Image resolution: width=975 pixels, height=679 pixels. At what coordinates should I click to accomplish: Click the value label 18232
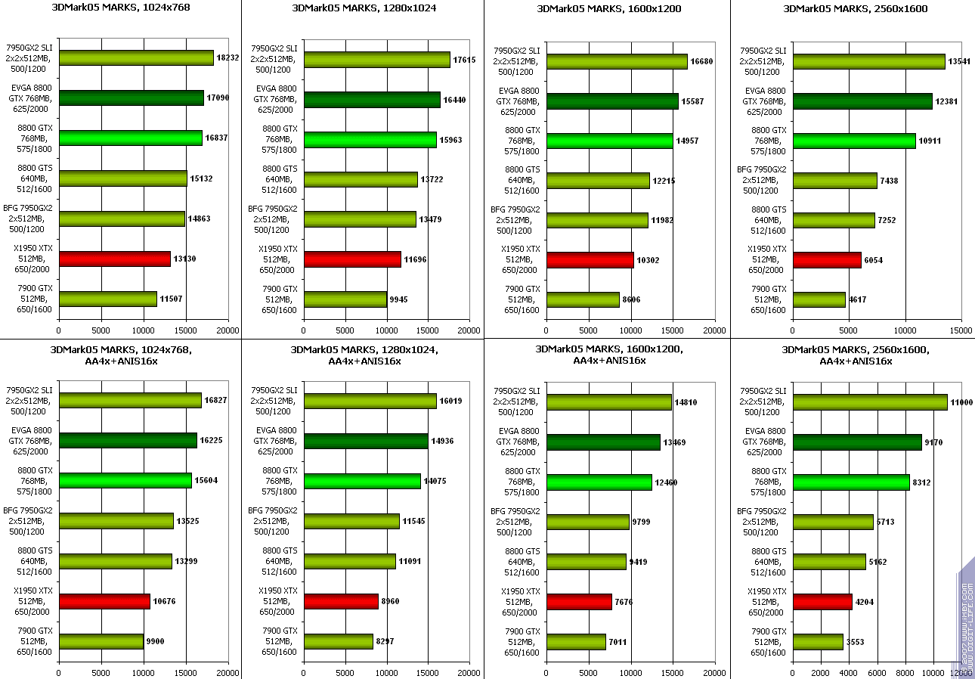tap(228, 57)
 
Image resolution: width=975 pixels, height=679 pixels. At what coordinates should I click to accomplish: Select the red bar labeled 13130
tap(115, 259)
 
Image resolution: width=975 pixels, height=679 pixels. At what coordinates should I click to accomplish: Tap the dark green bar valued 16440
tap(372, 100)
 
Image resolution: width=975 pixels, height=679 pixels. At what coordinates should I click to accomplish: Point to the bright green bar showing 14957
tap(609, 141)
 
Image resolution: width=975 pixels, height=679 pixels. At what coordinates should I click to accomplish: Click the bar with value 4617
tap(819, 299)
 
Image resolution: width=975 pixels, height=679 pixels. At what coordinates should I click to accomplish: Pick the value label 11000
tap(962, 402)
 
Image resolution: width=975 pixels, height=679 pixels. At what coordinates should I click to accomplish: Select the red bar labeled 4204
tap(822, 602)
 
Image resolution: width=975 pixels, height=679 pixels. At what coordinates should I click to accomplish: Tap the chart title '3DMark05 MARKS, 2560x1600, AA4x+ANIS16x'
tap(856, 355)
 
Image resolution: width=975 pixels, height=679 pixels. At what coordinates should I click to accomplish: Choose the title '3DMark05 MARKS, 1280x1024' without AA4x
tap(364, 8)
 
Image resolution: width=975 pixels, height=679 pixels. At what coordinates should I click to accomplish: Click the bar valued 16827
tap(130, 400)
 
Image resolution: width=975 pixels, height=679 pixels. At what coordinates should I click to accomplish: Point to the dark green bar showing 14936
tap(366, 442)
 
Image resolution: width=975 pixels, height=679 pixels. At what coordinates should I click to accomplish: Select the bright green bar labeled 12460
tap(599, 482)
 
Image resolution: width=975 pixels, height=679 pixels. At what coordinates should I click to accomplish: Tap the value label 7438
tap(890, 181)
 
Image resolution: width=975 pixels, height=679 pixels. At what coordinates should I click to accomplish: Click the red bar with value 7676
tap(579, 602)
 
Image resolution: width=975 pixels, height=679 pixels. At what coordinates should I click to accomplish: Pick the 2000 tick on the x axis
tap(821, 671)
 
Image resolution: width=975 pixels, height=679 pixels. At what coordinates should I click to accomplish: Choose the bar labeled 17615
tap(376, 60)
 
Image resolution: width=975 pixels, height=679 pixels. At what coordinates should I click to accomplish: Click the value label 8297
tap(386, 641)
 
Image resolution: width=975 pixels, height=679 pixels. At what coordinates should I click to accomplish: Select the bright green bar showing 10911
tap(854, 141)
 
